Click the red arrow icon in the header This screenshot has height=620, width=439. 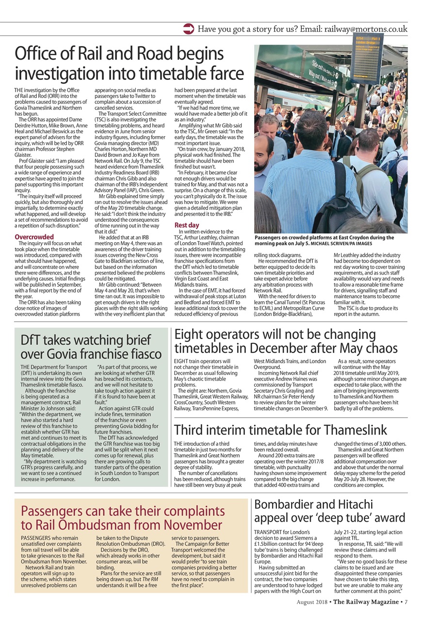pyautogui.click(x=189, y=29)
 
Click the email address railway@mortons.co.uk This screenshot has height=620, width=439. pyautogui.click(x=366, y=29)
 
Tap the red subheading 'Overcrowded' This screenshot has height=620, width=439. pyautogui.click(x=34, y=237)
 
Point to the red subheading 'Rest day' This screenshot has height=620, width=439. pyautogui.click(x=187, y=225)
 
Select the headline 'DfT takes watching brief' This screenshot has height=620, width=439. pyautogui.click(x=86, y=339)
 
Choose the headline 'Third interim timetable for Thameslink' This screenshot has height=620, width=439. pyautogui.click(x=280, y=430)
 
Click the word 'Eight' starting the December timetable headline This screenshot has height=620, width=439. pyautogui.click(x=187, y=334)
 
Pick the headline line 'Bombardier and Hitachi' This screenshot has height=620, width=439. pyautogui.click(x=313, y=504)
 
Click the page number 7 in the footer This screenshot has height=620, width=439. pyautogui.click(x=406, y=602)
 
